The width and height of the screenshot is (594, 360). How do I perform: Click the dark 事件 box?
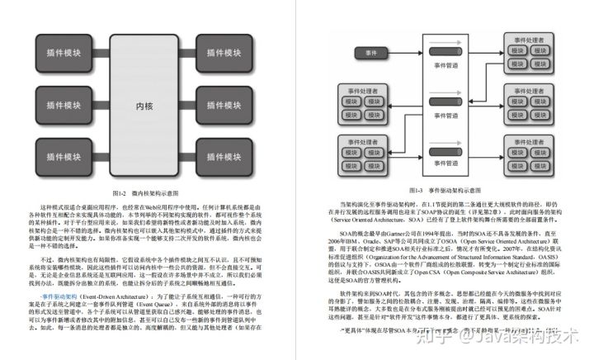tap(370, 53)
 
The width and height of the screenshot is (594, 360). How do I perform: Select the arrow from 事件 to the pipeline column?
tap(404, 53)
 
